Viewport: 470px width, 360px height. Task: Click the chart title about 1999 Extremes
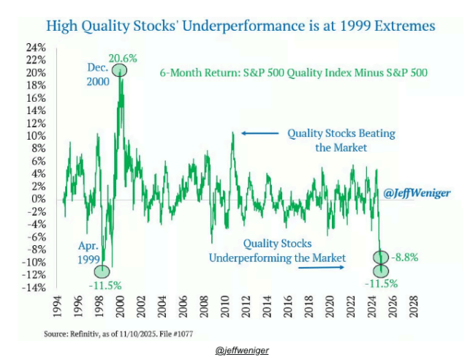click(x=240, y=26)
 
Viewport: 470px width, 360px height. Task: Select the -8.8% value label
click(x=406, y=257)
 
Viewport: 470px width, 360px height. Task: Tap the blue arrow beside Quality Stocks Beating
click(x=259, y=133)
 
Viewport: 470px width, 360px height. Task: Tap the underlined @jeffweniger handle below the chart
click(x=242, y=350)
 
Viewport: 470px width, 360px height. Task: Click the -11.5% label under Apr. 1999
click(x=105, y=284)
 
